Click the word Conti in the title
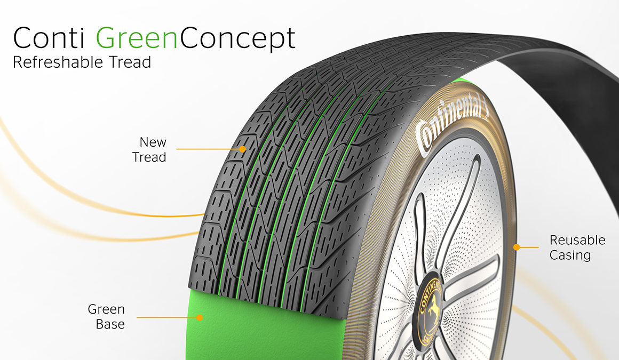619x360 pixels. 49,38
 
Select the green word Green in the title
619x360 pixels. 136,38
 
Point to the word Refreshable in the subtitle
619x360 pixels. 58,62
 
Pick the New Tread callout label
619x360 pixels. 149,150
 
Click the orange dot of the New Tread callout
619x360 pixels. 242,149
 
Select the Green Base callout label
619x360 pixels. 106,317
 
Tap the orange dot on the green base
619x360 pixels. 200,317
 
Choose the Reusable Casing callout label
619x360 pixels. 577,247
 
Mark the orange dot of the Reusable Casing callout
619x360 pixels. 517,247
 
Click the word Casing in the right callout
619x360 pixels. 570,255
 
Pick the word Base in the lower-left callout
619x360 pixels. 110,324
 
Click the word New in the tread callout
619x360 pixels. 153,142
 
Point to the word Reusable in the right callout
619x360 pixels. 577,240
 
